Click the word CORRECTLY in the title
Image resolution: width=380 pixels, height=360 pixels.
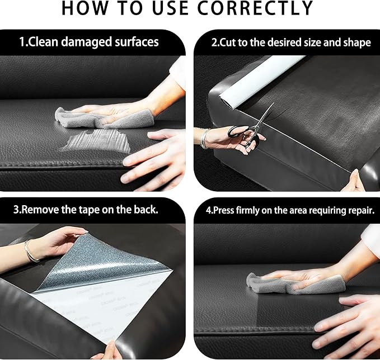pos(255,8)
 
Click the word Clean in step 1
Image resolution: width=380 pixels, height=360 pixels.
pos(43,41)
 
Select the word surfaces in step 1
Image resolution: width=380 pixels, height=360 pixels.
pos(137,41)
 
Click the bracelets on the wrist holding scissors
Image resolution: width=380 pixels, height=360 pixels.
pos(204,139)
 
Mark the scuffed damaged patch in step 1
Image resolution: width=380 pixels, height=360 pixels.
pos(97,140)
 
